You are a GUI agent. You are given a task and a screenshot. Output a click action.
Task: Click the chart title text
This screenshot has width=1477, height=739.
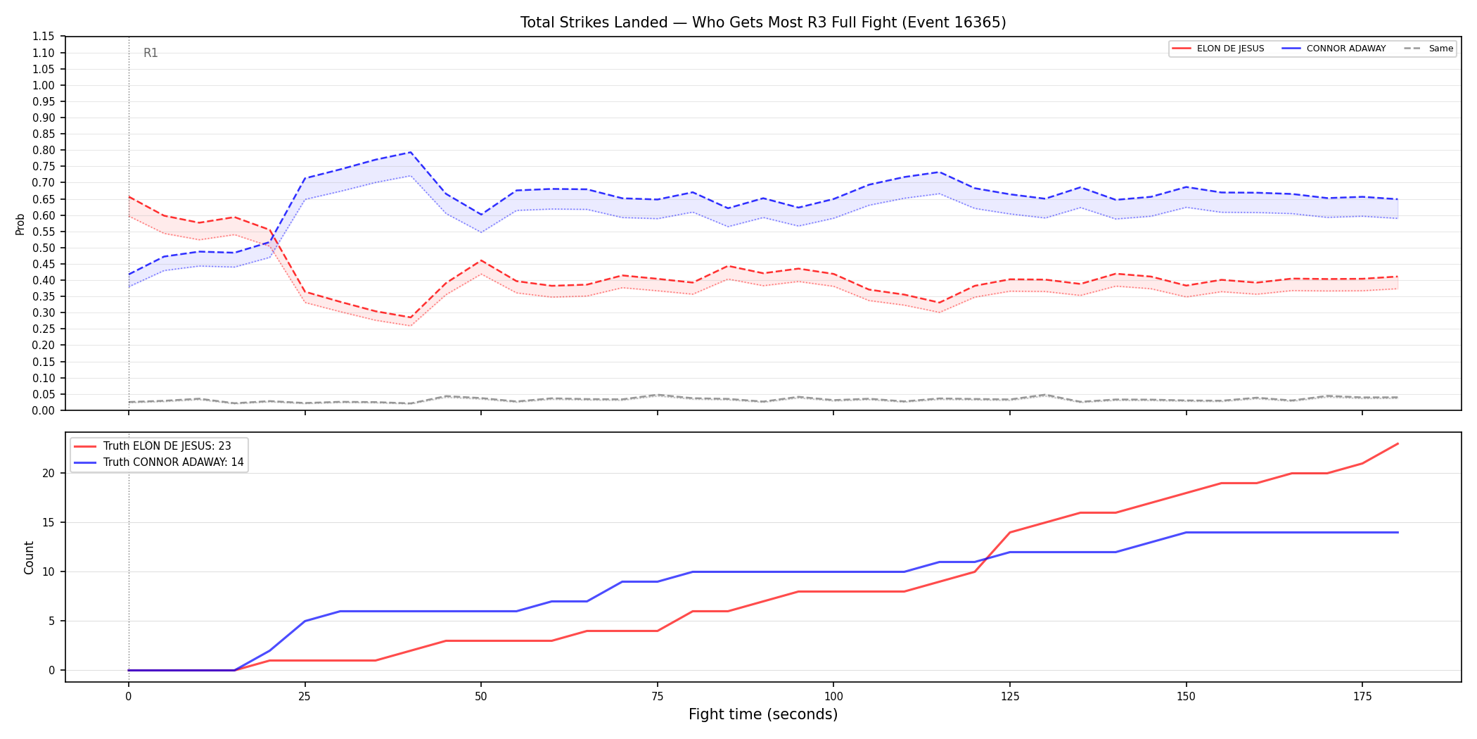[763, 23]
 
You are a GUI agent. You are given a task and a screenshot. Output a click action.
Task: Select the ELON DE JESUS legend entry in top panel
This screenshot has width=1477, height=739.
[1218, 49]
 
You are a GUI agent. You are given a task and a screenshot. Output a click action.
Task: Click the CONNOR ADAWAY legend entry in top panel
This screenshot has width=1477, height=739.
[1334, 49]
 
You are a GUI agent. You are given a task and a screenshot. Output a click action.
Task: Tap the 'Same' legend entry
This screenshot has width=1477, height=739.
[1428, 49]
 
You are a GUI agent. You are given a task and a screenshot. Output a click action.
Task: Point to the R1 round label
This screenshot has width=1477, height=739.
[151, 53]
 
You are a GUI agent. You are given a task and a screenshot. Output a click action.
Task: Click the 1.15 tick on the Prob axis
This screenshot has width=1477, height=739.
[44, 37]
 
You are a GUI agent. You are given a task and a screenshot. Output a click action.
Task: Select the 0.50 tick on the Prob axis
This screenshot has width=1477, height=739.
[44, 248]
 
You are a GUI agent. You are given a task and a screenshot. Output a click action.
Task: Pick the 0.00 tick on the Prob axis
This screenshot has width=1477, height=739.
[44, 410]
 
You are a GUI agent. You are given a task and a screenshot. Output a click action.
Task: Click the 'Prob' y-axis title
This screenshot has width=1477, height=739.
[20, 224]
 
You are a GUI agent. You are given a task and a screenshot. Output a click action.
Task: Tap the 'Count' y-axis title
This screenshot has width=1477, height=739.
[29, 557]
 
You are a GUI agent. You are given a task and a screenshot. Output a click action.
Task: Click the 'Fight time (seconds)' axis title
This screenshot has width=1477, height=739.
[763, 714]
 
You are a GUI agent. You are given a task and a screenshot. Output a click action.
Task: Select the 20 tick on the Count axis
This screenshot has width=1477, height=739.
[49, 473]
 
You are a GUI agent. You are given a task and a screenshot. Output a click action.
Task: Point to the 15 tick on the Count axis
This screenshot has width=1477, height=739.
[49, 522]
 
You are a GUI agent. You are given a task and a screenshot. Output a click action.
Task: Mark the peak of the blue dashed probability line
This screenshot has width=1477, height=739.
[410, 152]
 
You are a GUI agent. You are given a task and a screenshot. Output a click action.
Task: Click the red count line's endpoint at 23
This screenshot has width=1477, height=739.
[1398, 443]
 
